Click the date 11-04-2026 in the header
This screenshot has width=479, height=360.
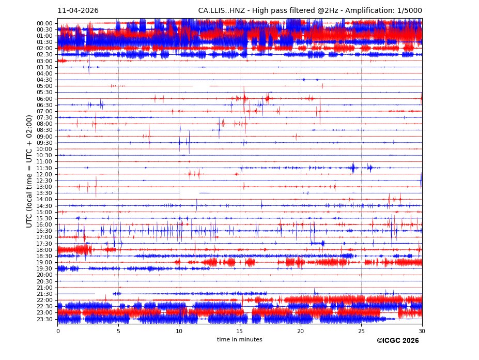click(x=78, y=11)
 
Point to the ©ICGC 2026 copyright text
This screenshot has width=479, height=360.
click(x=397, y=341)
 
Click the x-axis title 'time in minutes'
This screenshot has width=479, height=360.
click(x=239, y=340)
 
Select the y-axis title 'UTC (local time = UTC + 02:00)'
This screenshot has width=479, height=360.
click(x=29, y=171)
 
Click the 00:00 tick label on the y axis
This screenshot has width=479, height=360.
click(x=44, y=23)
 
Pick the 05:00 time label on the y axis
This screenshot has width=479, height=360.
click(x=44, y=86)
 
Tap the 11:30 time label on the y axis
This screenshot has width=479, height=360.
click(x=44, y=168)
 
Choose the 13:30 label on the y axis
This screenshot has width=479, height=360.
click(x=44, y=193)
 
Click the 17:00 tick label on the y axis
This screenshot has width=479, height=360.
click(x=44, y=237)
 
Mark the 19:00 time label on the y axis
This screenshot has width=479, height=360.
click(x=44, y=262)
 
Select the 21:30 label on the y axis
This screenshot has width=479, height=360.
click(x=44, y=294)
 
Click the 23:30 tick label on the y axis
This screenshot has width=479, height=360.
click(x=44, y=319)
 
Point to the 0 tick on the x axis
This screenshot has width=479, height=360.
click(x=58, y=331)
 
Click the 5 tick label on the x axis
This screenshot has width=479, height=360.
click(x=118, y=331)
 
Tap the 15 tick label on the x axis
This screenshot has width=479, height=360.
click(x=240, y=331)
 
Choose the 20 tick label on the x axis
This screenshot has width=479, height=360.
click(x=301, y=331)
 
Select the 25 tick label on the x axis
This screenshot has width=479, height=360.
click(x=361, y=331)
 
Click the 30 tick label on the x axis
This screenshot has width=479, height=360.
click(x=422, y=331)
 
